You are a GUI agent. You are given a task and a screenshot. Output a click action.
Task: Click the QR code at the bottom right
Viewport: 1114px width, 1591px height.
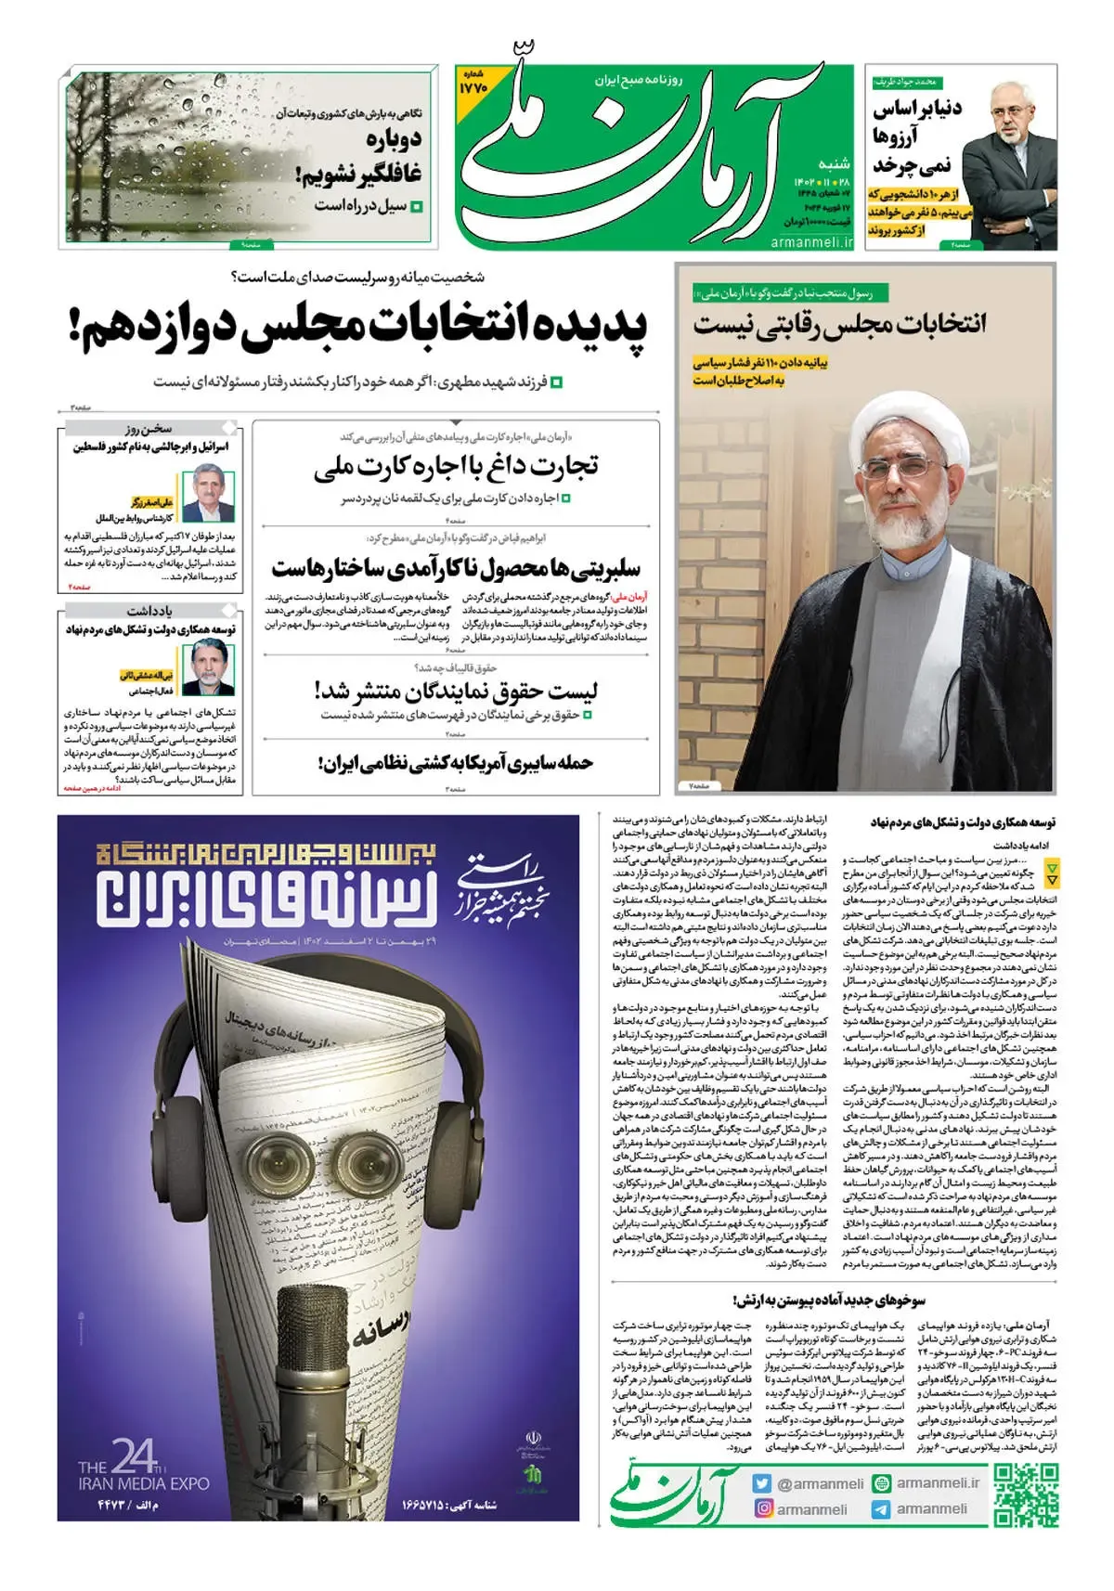[x=1026, y=1495]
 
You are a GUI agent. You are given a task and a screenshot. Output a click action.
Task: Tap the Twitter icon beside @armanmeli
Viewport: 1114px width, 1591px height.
[x=762, y=1483]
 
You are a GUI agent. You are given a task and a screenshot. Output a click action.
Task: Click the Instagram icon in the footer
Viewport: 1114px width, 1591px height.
[x=762, y=1509]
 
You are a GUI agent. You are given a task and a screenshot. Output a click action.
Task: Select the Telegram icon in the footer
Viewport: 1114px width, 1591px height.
[x=880, y=1509]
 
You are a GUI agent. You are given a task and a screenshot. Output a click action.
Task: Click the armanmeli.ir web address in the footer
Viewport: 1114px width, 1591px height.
[x=938, y=1483]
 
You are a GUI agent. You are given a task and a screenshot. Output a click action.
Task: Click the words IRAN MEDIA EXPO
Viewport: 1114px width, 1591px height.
[x=143, y=1483]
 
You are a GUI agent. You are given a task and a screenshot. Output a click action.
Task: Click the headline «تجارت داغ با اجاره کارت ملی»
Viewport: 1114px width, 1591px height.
[x=456, y=467]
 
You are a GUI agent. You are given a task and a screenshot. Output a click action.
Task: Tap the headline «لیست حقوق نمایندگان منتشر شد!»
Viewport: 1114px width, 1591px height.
[x=456, y=691]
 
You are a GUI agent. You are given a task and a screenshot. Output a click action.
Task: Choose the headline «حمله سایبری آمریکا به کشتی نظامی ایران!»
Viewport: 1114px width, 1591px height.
[x=455, y=763]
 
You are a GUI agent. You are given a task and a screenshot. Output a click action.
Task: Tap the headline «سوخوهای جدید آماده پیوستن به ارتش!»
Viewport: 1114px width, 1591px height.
[x=829, y=1300]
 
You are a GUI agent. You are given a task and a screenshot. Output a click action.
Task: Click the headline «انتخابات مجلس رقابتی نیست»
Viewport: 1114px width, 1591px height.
[x=838, y=325]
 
